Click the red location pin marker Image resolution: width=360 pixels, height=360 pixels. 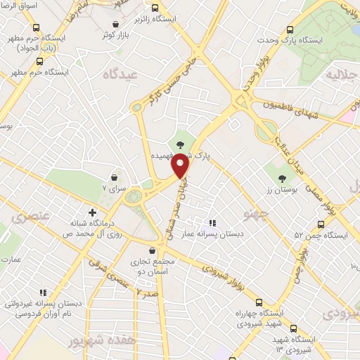(181, 166)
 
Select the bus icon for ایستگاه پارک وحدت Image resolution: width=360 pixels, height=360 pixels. (289, 30)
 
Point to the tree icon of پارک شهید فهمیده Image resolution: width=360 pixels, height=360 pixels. (181, 143)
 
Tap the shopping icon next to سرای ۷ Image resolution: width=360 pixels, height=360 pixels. (115, 177)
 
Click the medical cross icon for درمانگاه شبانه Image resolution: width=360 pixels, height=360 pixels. (92, 212)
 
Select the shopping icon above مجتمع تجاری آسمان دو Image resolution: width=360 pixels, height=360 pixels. (153, 250)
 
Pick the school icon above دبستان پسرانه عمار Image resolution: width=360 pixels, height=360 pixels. (213, 224)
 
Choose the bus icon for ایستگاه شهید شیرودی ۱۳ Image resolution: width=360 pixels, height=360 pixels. (293, 328)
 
